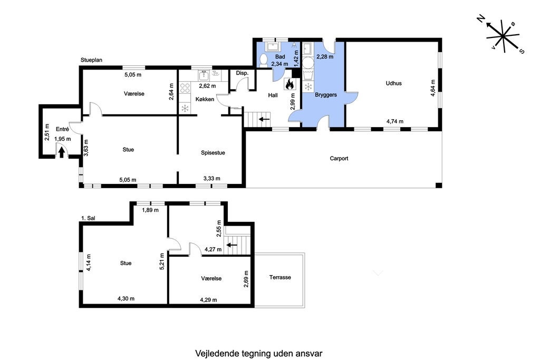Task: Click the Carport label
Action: tap(339, 158)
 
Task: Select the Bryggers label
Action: tap(325, 95)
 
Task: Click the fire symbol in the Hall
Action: tap(289, 84)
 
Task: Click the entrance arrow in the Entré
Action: tap(62, 152)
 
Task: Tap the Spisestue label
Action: tap(213, 153)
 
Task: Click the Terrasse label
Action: tap(280, 277)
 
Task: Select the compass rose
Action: tap(503, 36)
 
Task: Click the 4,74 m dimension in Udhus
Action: tap(394, 121)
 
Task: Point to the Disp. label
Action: tap(242, 73)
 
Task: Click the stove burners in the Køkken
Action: tap(185, 87)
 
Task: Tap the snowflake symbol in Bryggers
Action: tap(308, 86)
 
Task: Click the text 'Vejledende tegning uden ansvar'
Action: tap(258, 353)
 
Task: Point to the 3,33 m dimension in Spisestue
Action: tap(211, 179)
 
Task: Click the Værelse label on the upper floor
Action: tap(211, 278)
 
